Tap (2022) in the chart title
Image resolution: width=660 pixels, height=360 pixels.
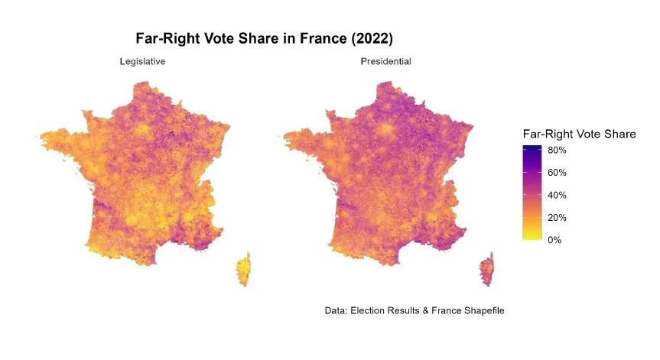pos(370,38)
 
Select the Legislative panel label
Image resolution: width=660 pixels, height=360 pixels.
pos(142,61)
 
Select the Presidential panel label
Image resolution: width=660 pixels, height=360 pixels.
pos(385,61)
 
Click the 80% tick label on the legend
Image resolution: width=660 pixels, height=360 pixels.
pos(556,151)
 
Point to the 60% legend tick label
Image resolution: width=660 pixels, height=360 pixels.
pos(556,173)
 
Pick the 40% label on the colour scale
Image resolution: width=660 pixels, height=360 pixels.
pos(556,195)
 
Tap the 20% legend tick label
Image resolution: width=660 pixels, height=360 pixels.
pos(556,218)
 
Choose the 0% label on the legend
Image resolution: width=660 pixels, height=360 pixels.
pos(554,240)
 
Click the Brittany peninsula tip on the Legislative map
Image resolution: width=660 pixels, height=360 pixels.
pos(44,138)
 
